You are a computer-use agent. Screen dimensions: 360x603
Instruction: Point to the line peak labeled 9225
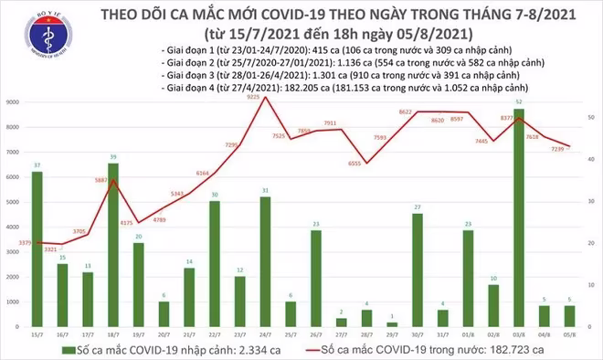tap(264, 97)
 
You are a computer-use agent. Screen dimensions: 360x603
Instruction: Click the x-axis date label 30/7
tap(417, 334)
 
